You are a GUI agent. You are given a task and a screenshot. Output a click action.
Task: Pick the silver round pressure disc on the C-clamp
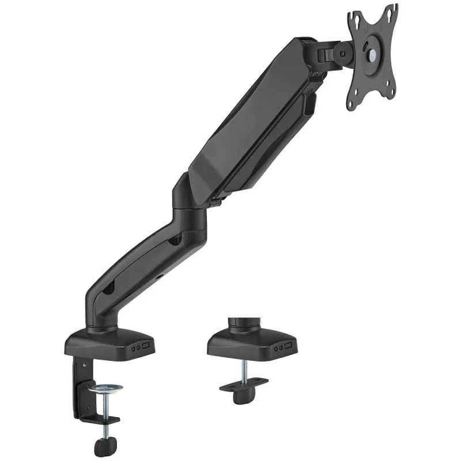tap(105, 388)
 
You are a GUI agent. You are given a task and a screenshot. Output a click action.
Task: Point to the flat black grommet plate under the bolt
tap(243, 384)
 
